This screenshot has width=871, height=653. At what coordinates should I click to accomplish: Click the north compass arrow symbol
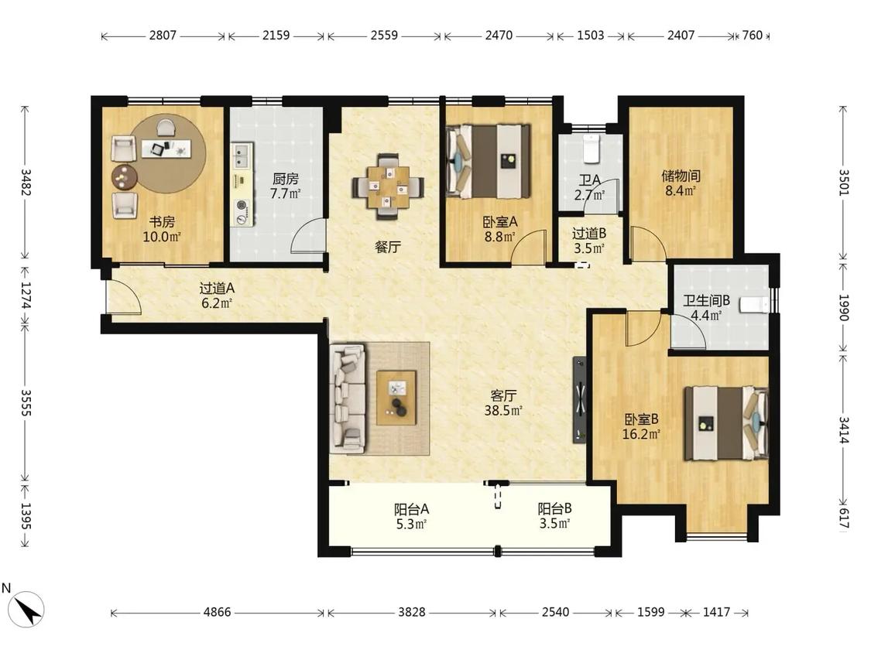pos(28,609)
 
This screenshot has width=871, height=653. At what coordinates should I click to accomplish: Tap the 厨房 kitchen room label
pos(286,179)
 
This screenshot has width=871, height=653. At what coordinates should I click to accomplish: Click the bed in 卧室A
pos(489,161)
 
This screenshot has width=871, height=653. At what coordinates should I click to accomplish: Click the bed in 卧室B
pos(725,423)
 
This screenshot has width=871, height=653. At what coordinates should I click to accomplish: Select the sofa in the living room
pos(348,398)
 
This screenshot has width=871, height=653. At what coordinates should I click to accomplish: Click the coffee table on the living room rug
pos(396,398)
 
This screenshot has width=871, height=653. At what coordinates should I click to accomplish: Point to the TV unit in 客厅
pos(579,399)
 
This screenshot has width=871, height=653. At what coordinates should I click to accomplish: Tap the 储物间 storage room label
pos(681,176)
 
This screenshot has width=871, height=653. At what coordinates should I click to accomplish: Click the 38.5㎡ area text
pos(502,411)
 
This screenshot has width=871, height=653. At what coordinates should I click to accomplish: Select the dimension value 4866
pos(218,612)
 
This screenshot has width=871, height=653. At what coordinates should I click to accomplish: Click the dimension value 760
pos(752,36)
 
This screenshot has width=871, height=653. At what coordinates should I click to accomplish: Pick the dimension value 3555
pos(26,402)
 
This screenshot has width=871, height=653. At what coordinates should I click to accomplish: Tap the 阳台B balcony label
pos(554,508)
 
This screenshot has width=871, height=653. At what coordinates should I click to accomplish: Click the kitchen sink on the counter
pos(242,156)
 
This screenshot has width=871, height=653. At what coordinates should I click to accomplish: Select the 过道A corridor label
pos(218,288)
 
